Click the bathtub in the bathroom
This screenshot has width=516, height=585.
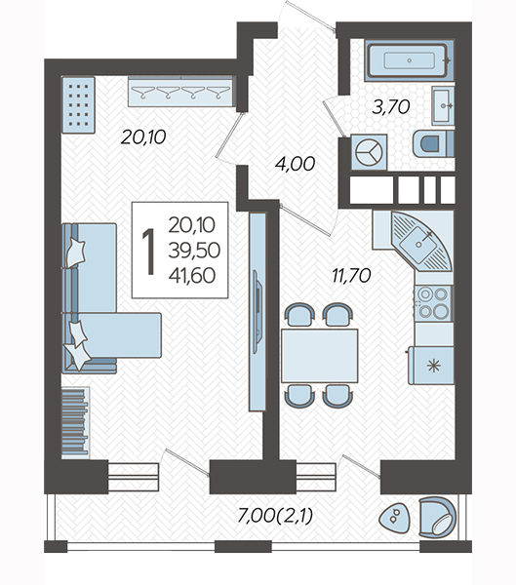pyautogui.click(x=410, y=60)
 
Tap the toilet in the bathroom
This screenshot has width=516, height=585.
pyautogui.click(x=433, y=143)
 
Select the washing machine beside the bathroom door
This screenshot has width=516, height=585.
pyautogui.click(x=370, y=153)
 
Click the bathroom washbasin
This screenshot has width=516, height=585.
pyautogui.click(x=443, y=105)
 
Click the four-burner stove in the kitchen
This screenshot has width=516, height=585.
pyautogui.click(x=433, y=303)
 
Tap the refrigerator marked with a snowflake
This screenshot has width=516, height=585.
pyautogui.click(x=431, y=366)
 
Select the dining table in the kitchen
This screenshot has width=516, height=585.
pyautogui.click(x=320, y=355)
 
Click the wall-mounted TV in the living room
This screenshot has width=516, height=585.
pyautogui.click(x=258, y=312)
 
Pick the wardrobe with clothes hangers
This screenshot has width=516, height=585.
pyautogui.click(x=181, y=92)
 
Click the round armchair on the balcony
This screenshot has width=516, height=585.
pyautogui.click(x=437, y=518)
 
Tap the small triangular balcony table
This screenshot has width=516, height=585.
pyautogui.click(x=394, y=518)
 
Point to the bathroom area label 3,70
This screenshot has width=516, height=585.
pyautogui.click(x=391, y=107)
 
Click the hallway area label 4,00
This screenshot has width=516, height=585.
pyautogui.click(x=295, y=164)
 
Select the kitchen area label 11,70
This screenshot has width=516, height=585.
pyautogui.click(x=351, y=275)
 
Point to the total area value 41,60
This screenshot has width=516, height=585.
pyautogui.click(x=192, y=275)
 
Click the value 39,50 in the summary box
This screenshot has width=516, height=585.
pyautogui.click(x=194, y=250)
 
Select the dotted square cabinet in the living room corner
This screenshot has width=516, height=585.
pyautogui.click(x=78, y=104)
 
